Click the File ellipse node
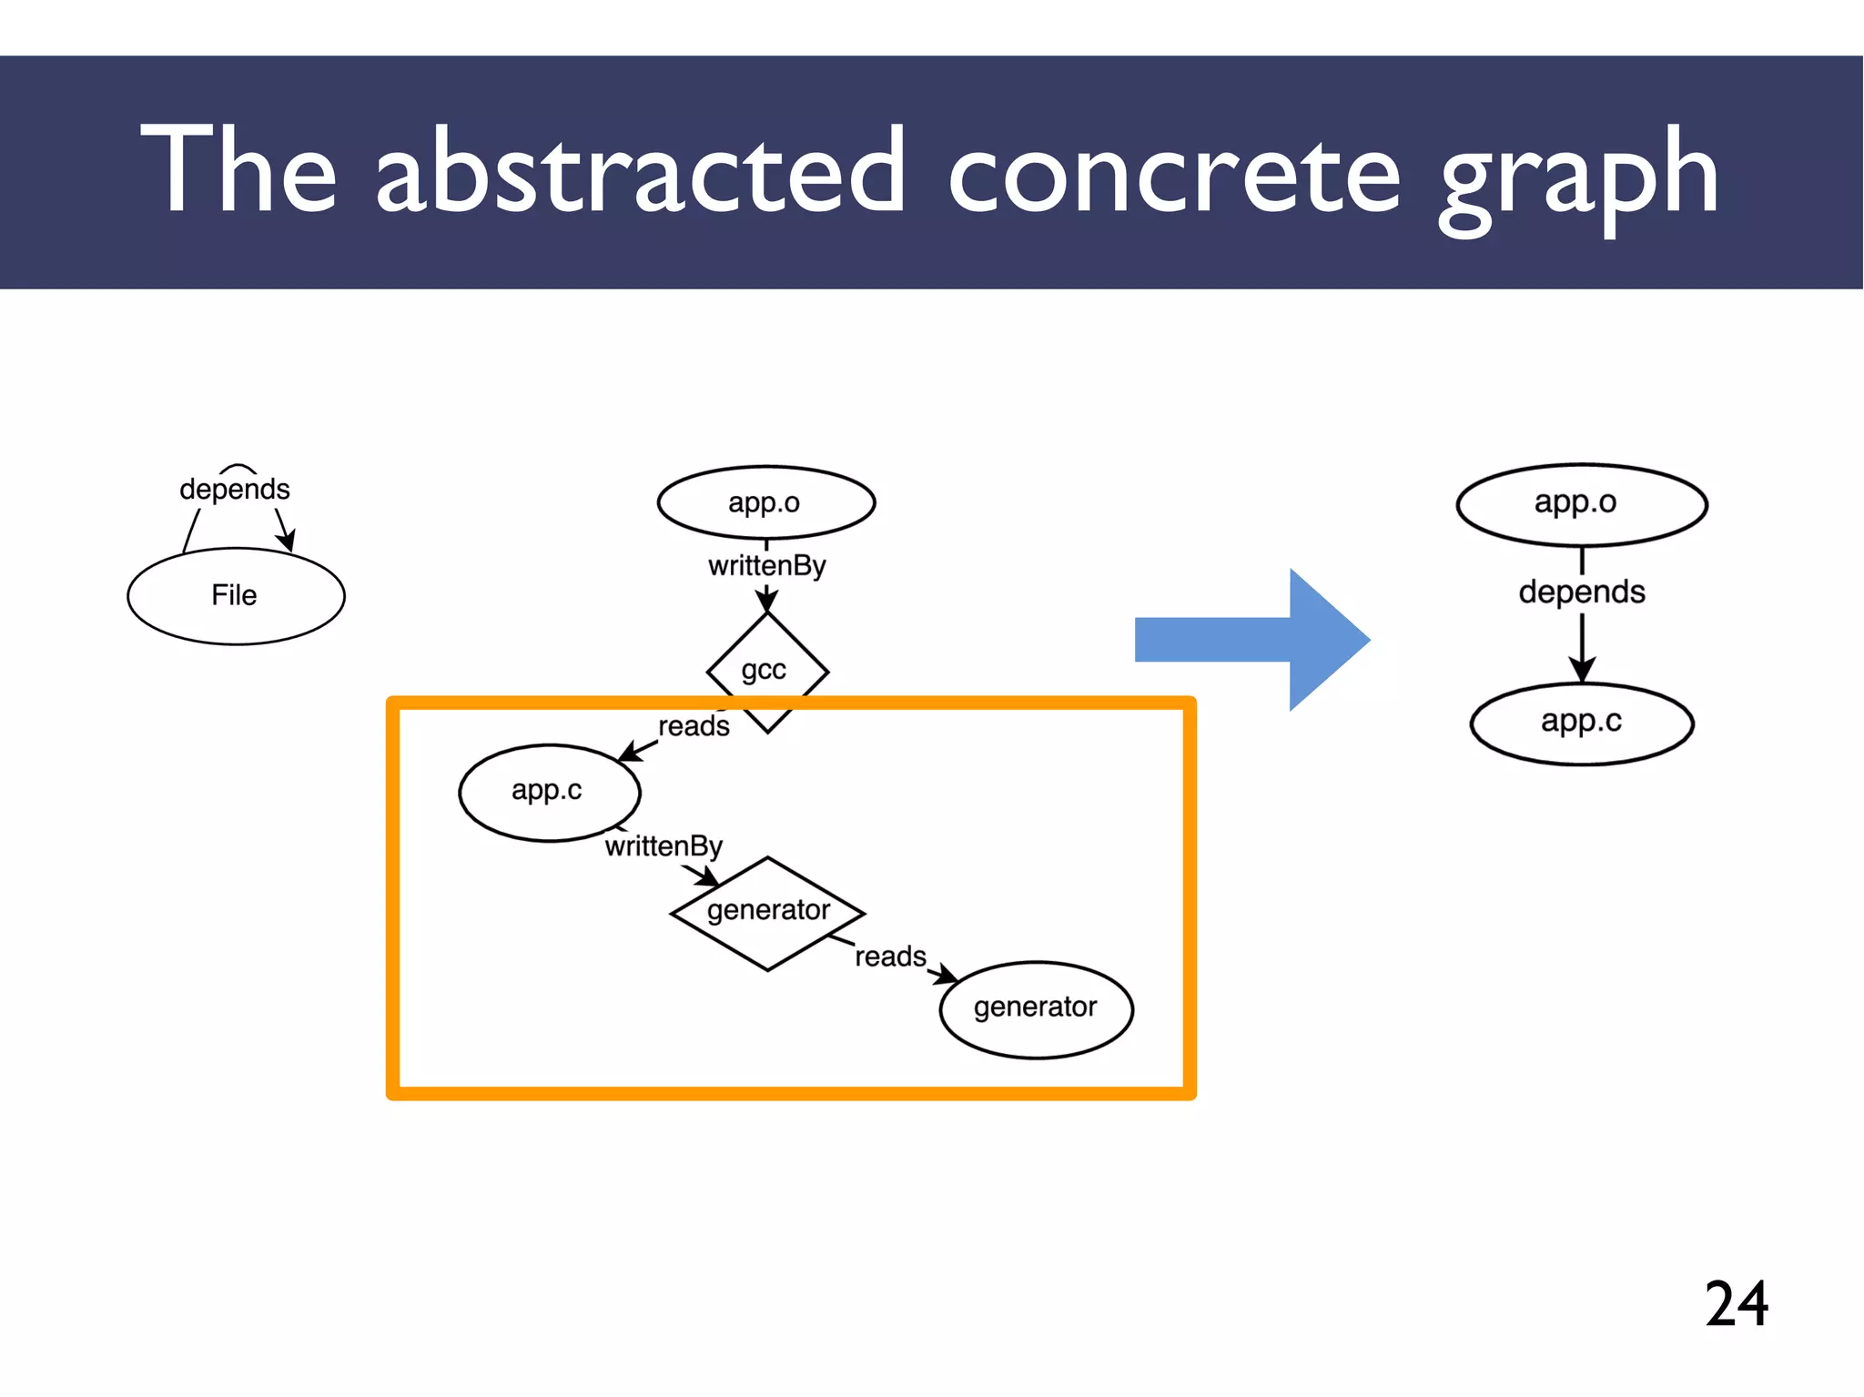(x=236, y=596)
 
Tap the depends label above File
(x=234, y=489)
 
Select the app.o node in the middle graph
(x=765, y=502)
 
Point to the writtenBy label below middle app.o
(x=766, y=566)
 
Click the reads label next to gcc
(x=694, y=726)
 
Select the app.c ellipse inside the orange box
(x=549, y=791)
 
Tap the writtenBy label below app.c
(x=664, y=846)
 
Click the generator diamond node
(x=767, y=911)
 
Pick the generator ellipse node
(x=1036, y=1007)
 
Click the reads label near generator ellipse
(x=890, y=957)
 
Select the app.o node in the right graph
(x=1580, y=503)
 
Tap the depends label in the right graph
(x=1582, y=592)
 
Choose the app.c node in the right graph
(x=1581, y=723)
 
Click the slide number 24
(x=1736, y=1303)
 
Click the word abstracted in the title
(x=640, y=171)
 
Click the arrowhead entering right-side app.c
(x=1582, y=672)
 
